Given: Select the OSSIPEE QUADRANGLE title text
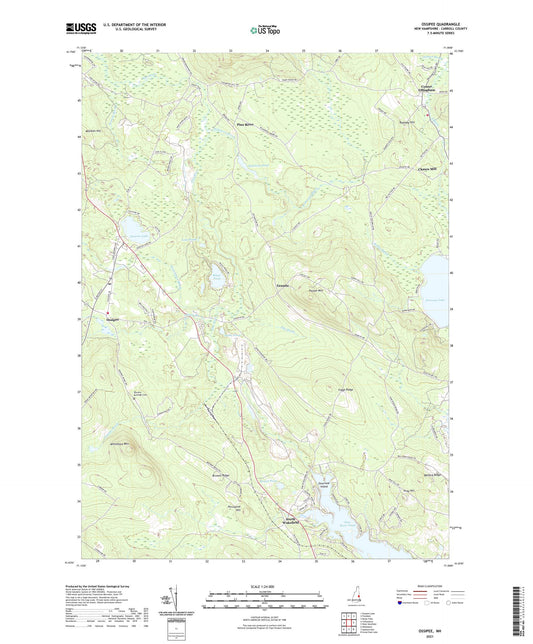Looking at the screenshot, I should click(x=429, y=27).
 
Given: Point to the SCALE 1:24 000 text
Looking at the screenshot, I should click(x=265, y=587).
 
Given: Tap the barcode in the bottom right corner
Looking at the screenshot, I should click(x=521, y=610).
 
